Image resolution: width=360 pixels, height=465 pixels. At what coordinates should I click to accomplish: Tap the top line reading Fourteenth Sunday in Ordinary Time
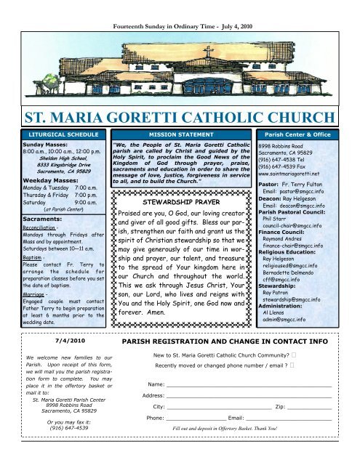[x=180, y=7]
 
